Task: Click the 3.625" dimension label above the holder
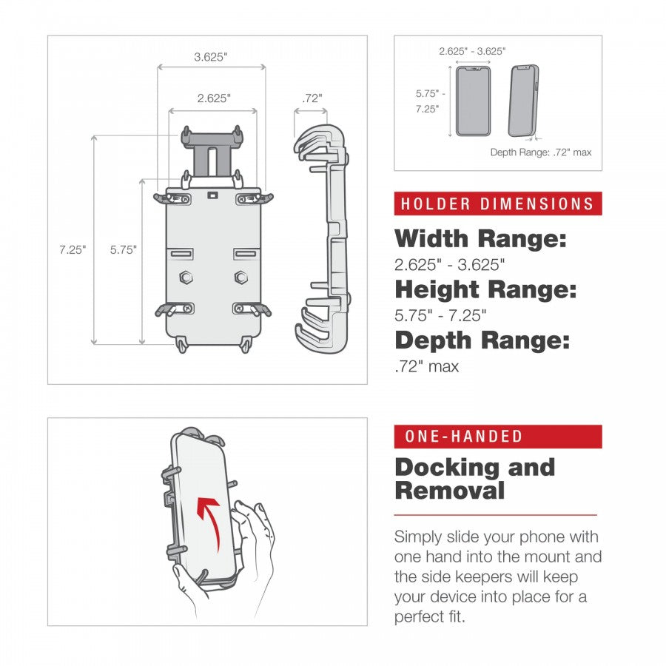pyautogui.click(x=210, y=57)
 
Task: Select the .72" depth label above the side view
pyautogui.click(x=312, y=98)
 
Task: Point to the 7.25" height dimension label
pyautogui.click(x=73, y=249)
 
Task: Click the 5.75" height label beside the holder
pyautogui.click(x=124, y=249)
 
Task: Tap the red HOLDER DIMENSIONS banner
pyautogui.click(x=497, y=204)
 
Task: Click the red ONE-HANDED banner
pyautogui.click(x=497, y=437)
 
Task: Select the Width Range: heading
pyautogui.click(x=480, y=239)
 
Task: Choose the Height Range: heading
pyautogui.click(x=485, y=289)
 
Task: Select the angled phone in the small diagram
pyautogui.click(x=523, y=101)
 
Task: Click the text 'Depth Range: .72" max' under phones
pyautogui.click(x=540, y=152)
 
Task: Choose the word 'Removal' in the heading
pyautogui.click(x=449, y=491)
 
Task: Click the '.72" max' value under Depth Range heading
pyautogui.click(x=426, y=366)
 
